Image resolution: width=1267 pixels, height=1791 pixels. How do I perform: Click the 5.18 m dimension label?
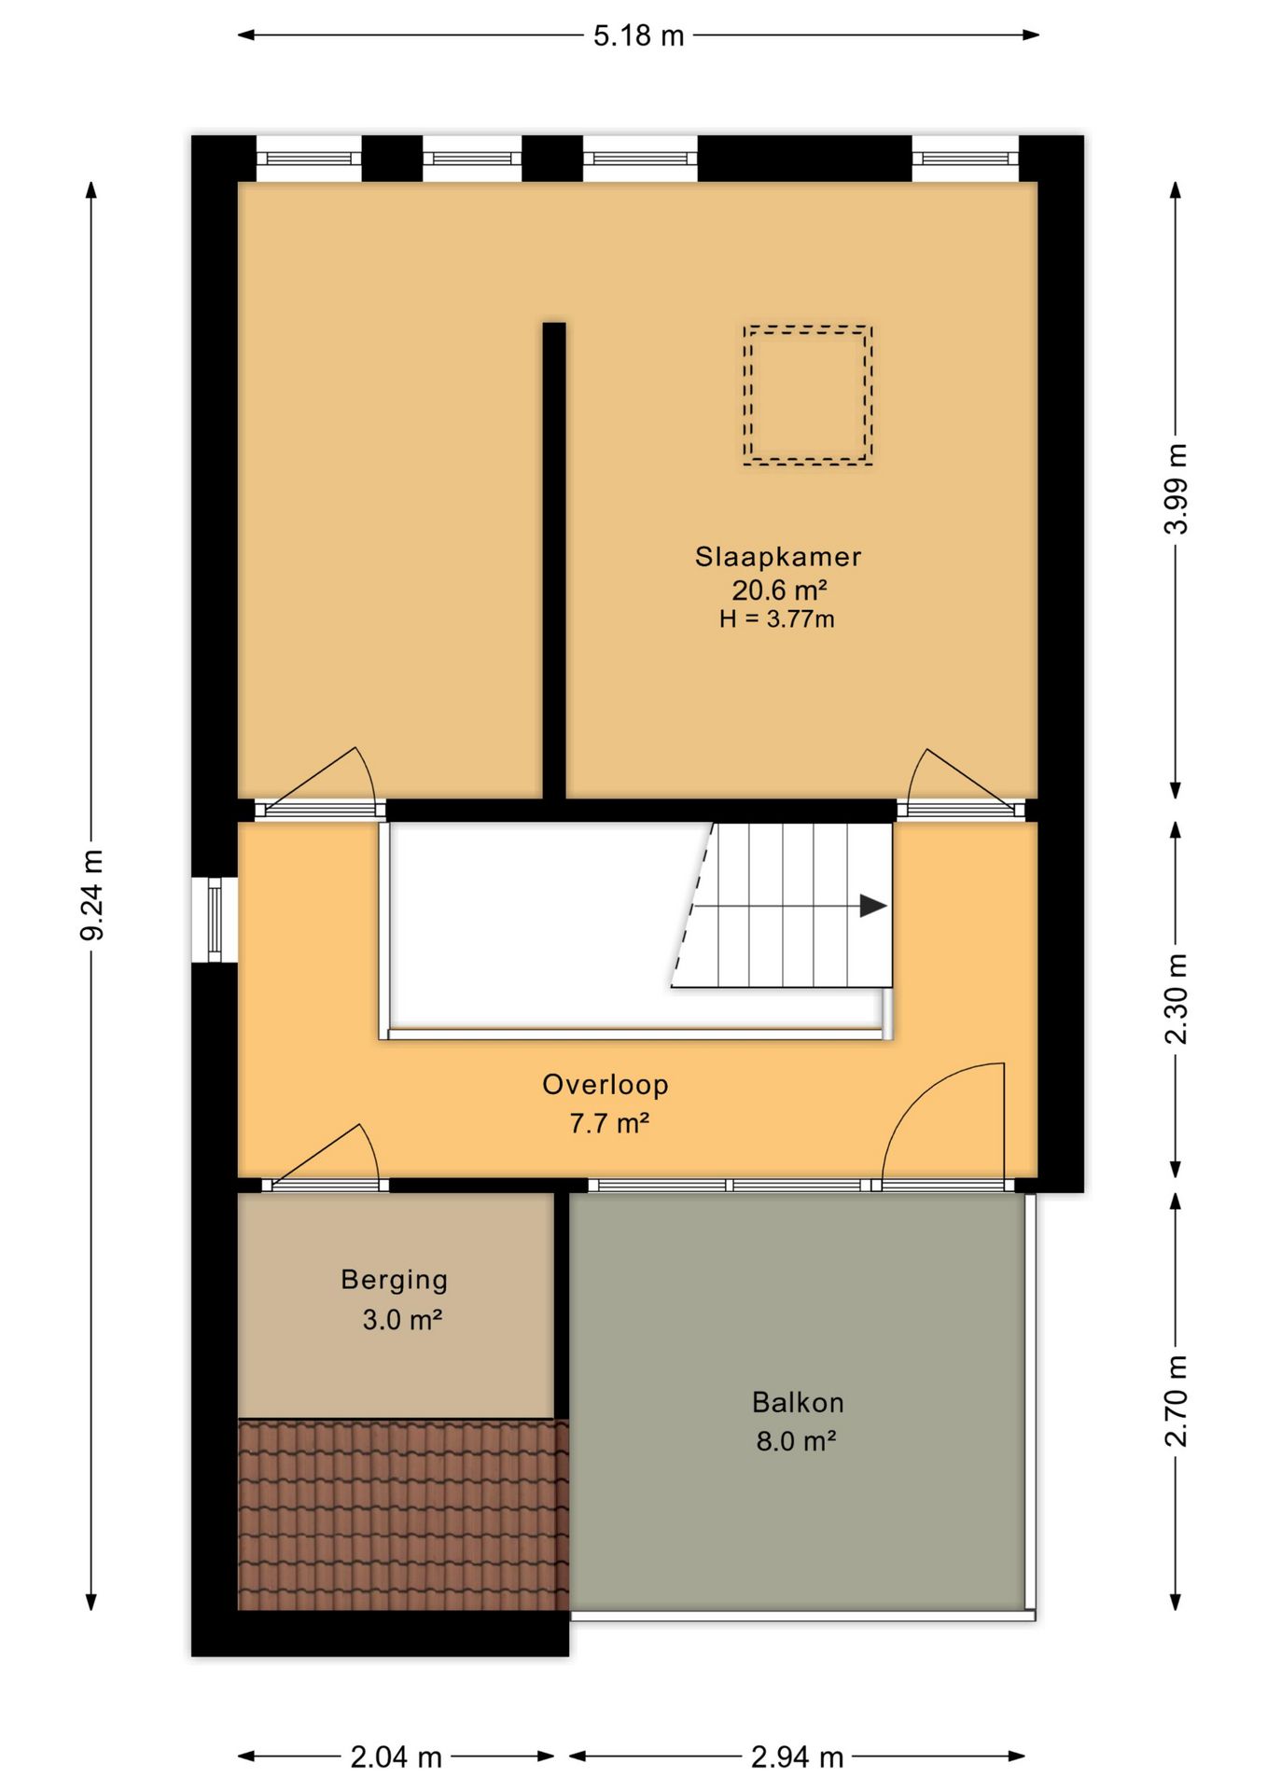638,35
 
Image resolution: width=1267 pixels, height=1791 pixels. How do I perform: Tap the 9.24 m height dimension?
92,895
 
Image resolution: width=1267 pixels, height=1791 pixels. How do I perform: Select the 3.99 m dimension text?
1176,489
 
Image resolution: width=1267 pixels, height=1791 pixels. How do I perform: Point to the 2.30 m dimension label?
1176,999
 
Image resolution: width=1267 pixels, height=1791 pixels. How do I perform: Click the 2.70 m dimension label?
1176,1401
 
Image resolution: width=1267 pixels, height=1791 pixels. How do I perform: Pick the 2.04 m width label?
397,1757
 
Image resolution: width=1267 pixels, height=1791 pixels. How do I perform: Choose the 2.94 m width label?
798,1757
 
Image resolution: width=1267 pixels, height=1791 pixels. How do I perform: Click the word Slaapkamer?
778,557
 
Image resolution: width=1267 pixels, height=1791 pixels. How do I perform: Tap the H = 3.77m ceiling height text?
777,618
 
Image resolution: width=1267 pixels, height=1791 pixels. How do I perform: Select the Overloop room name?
606,1085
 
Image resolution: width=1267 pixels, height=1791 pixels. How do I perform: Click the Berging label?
395,1280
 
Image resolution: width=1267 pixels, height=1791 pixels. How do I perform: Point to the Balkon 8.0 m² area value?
796,1441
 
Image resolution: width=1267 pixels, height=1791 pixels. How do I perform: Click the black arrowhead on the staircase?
873,906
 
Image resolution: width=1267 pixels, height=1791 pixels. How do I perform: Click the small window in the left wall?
215,920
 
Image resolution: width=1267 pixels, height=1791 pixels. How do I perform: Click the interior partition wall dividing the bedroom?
554,561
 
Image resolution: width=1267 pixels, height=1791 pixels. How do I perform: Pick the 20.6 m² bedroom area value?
779,590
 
